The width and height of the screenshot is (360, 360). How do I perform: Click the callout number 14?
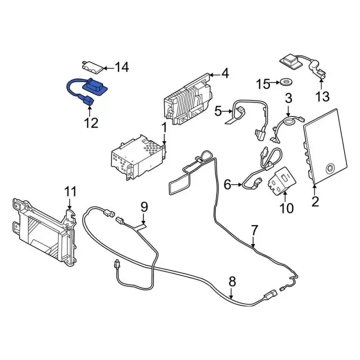[121, 67]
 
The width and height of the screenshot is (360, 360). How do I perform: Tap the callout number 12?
[91, 123]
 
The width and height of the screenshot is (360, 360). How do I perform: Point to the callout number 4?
[225, 73]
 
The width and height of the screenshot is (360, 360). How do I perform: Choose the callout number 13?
[322, 96]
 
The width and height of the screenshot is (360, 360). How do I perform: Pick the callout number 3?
[289, 98]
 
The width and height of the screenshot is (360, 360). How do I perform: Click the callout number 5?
[219, 111]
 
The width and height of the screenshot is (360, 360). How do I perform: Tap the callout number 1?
[164, 128]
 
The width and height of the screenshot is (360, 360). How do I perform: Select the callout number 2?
[315, 201]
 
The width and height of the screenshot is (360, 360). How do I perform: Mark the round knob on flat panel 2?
[330, 166]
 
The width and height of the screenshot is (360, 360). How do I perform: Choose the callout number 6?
[227, 183]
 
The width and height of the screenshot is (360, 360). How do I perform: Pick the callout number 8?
[232, 282]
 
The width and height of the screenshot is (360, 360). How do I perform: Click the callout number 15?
[263, 84]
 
